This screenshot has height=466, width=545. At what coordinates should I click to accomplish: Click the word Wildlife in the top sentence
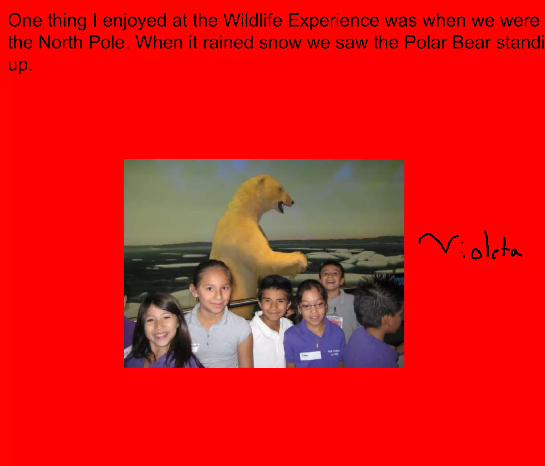pos(253,20)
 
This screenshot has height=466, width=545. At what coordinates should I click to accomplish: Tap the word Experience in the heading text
pos(333,20)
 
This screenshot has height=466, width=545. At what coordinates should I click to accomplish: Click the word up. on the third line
pos(20,65)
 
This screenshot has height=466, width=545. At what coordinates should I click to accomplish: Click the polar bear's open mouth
pos(281,207)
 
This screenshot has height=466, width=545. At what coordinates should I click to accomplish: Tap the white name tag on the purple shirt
pos(310,355)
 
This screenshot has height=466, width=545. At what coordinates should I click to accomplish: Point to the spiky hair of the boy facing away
pos(378,295)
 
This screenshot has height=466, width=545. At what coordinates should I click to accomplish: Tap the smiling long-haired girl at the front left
pos(160,327)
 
